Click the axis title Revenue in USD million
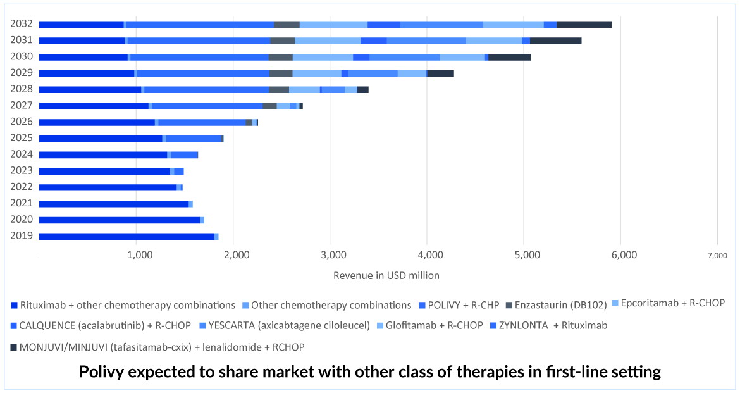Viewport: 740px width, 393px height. (x=386, y=275)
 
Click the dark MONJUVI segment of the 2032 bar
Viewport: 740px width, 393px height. (x=584, y=24)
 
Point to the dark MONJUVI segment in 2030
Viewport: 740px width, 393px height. (x=509, y=57)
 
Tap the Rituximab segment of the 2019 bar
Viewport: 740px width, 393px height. (x=126, y=236)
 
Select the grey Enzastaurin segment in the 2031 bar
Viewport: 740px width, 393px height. (x=283, y=41)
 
